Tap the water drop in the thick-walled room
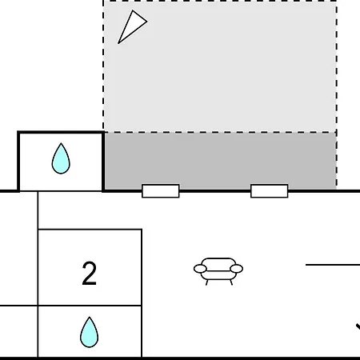(61, 159)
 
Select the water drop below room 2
(89, 334)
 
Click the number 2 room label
(89, 274)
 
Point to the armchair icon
(218, 271)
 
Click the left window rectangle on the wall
(161, 191)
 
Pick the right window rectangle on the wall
(270, 191)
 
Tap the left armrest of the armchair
(200, 269)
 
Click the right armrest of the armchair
(236, 269)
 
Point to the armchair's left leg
(207, 282)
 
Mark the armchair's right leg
(231, 282)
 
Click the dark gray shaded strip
(220, 161)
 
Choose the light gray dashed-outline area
(220, 66)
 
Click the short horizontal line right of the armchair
(333, 265)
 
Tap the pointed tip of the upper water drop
(61, 143)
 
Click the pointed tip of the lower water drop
(90, 318)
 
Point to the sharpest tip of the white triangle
(118, 43)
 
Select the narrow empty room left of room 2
(18, 248)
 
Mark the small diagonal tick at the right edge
(358, 326)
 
